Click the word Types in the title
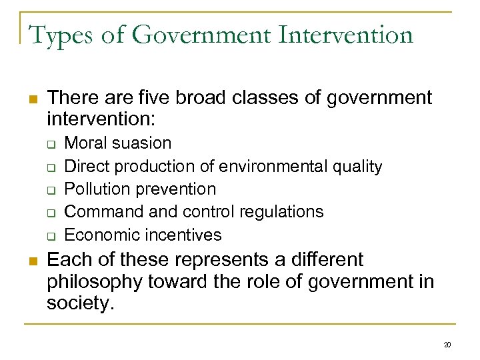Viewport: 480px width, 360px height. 62,35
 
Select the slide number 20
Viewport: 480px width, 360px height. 447,345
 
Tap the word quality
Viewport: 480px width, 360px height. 355,166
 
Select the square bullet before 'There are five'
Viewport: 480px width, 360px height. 31,99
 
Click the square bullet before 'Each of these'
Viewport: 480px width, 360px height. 31,260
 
